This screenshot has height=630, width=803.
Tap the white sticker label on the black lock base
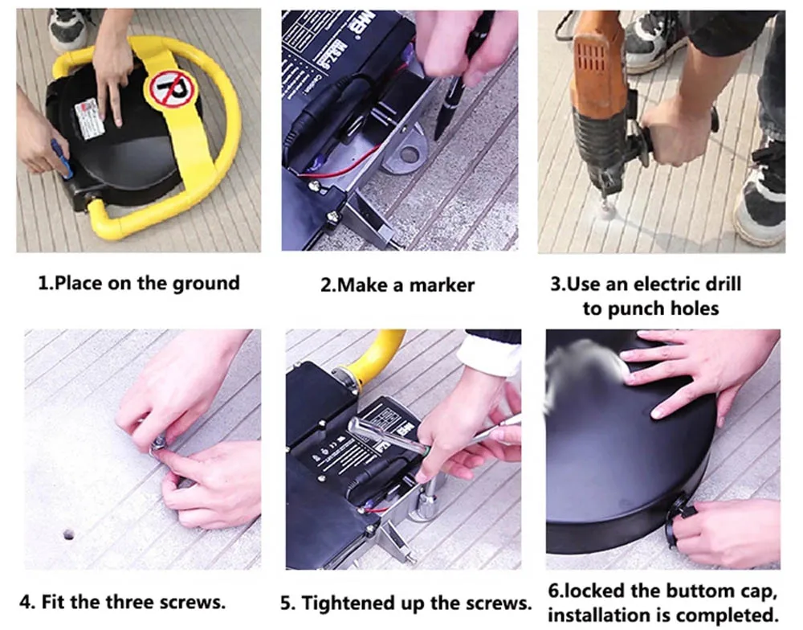coord(90,118)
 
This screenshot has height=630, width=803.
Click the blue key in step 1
coord(61,158)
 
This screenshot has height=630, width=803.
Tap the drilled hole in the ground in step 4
coord(68,535)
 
